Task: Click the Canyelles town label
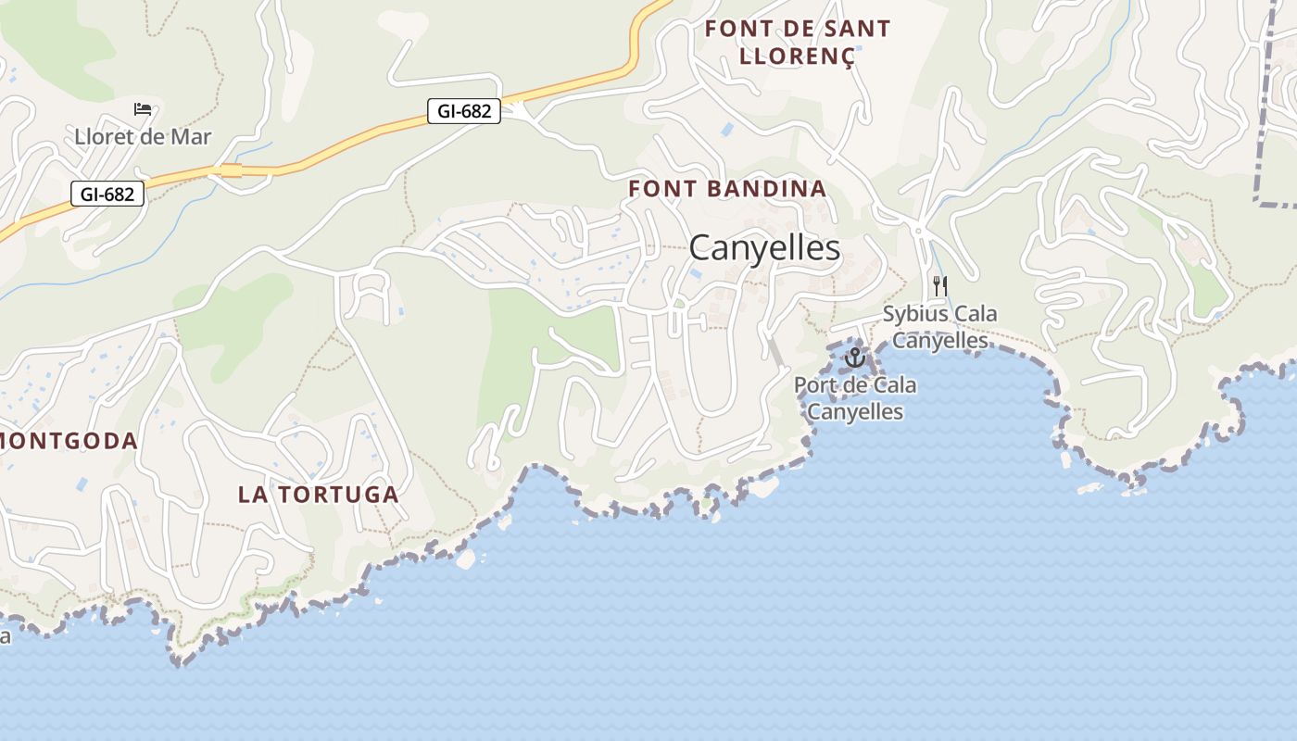(x=764, y=248)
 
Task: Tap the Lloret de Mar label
(x=143, y=137)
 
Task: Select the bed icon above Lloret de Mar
(x=143, y=109)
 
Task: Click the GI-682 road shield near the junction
(x=464, y=111)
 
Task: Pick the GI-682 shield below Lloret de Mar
(x=107, y=194)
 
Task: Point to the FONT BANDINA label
(x=727, y=189)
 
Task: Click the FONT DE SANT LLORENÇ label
(x=797, y=42)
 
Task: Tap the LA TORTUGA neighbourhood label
(x=319, y=495)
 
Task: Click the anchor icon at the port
(x=854, y=357)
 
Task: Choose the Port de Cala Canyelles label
(x=855, y=398)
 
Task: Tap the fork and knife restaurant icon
(x=940, y=285)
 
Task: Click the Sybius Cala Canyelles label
(x=939, y=327)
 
